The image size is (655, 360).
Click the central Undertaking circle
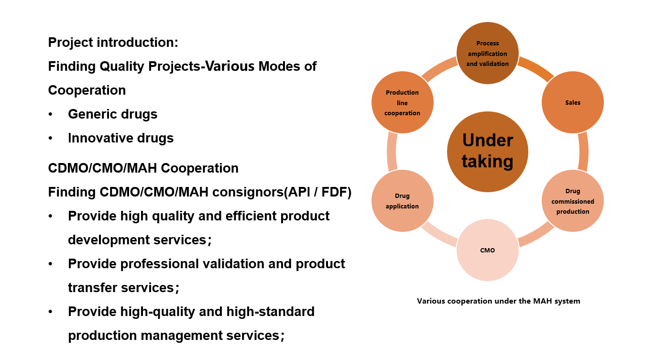pos(487,152)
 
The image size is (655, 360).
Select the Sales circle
pos(572,102)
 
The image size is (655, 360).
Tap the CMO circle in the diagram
pos(487,250)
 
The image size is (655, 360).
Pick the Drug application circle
pos(402,201)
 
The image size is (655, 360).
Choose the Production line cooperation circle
pos(402,102)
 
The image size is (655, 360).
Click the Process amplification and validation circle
pos(487,53)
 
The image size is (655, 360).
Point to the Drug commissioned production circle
pos(572,201)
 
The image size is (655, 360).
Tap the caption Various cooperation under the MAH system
pos(498,301)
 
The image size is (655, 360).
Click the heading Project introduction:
pos(113,43)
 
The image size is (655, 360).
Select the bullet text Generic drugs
pos(112,114)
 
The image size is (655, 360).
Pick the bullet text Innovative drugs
pos(120,138)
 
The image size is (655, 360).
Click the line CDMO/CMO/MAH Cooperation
pos(143,168)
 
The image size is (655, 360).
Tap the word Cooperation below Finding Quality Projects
pos(87,90)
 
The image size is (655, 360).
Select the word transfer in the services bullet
pos(91,288)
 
